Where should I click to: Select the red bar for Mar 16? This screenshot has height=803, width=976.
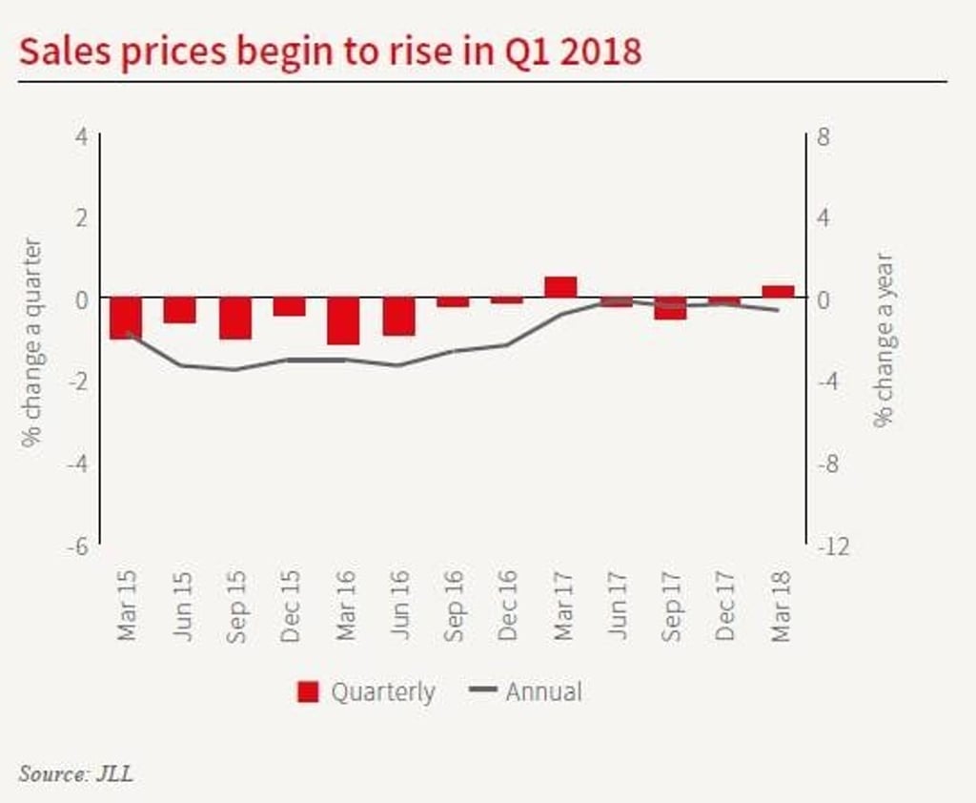344,321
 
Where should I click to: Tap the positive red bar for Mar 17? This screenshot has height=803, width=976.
560,287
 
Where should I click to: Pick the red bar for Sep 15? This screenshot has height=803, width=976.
234,319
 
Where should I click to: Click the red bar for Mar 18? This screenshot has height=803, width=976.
778,292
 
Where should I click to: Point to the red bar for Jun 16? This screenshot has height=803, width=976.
398,317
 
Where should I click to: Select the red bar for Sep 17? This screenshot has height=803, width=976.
670,308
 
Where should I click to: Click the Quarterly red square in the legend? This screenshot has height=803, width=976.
308,692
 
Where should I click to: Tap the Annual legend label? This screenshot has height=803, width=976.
543,691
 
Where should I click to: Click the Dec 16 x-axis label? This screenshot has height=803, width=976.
507,606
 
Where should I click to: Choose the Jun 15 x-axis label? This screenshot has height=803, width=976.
182,606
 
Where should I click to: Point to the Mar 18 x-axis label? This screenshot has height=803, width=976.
782,606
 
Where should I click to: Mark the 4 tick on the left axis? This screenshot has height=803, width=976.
82,135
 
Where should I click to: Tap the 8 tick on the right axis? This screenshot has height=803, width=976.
823,135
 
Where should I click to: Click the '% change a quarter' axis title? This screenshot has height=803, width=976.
33,341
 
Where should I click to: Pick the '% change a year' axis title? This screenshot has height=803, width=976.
884,340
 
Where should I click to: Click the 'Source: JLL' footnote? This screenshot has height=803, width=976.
76,772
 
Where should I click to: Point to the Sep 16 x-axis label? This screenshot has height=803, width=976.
454,606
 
